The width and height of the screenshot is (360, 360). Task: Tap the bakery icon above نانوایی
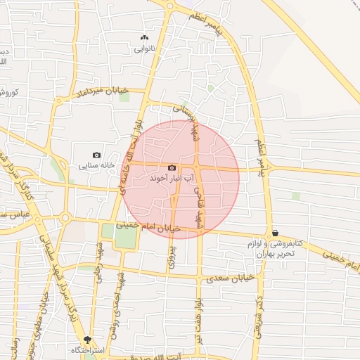coord(145,37)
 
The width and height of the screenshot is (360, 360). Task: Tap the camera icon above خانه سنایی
coord(96,155)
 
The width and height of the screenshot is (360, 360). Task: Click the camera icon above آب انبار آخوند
coord(172,168)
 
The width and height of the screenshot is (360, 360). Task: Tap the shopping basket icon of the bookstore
coord(274,233)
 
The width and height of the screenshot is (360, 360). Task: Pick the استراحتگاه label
coord(86,349)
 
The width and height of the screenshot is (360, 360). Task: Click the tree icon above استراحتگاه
coord(86,339)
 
